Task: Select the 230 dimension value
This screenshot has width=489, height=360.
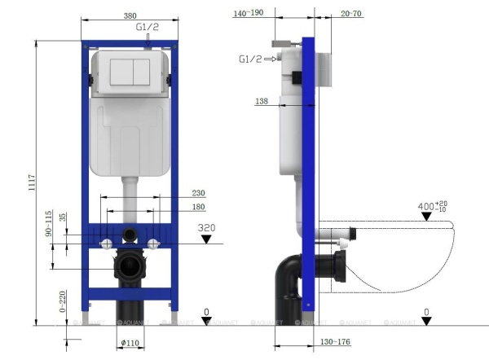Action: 197,193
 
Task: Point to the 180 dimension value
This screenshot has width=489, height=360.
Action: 197,207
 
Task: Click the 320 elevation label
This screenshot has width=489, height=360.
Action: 207,228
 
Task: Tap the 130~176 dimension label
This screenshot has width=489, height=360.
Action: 335,341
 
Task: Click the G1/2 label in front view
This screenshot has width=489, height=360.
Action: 146,27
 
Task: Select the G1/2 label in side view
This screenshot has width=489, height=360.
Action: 249,59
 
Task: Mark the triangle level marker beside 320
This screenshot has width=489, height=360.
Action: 206,240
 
